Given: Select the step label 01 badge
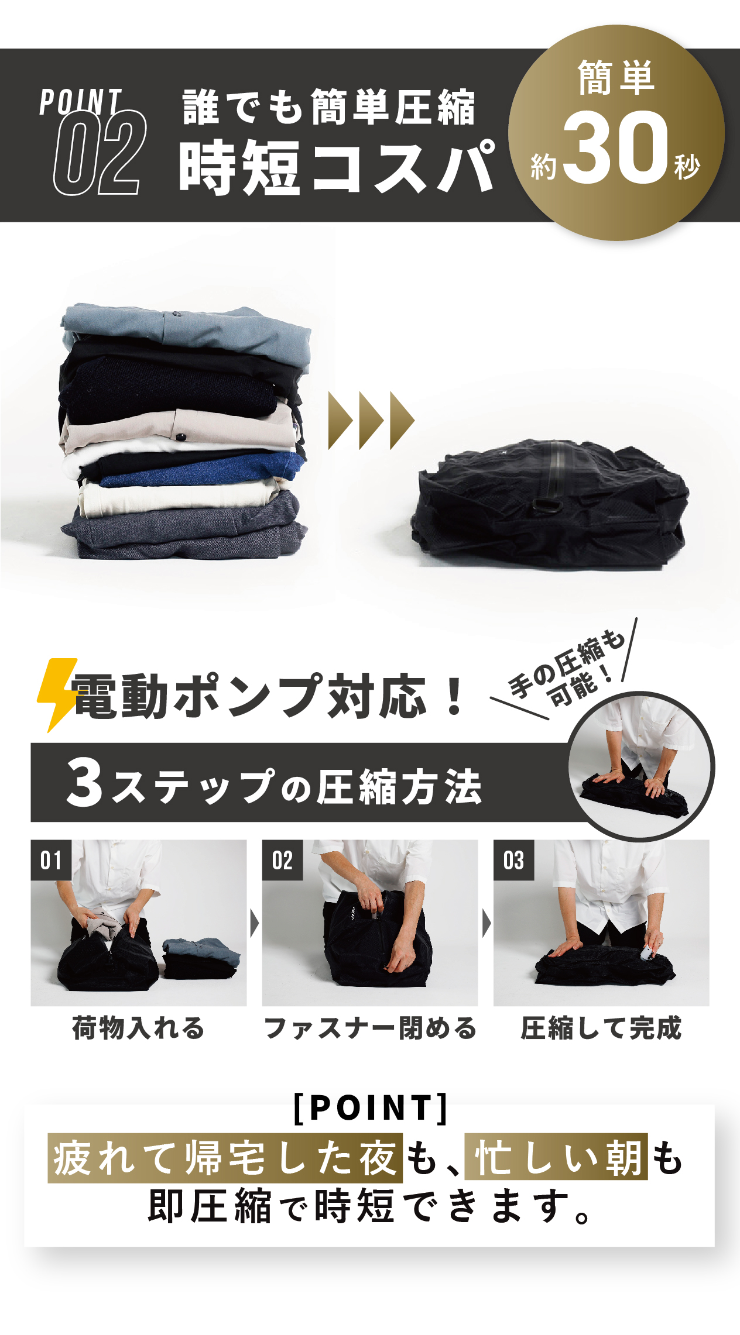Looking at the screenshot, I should pyautogui.click(x=51, y=860).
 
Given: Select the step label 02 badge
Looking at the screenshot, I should pyautogui.click(x=282, y=860).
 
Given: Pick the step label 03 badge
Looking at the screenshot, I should pyautogui.click(x=513, y=860).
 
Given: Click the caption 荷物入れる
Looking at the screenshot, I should pyautogui.click(x=138, y=1028).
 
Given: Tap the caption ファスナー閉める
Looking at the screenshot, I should pyautogui.click(x=370, y=1028).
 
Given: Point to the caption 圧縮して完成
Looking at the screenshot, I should pyautogui.click(x=601, y=1028).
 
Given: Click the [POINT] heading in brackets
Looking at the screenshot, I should pyautogui.click(x=370, y=1108).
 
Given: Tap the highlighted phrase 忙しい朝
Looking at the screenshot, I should pyautogui.click(x=556, y=1157).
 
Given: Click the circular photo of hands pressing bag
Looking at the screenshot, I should pyautogui.click(x=641, y=767).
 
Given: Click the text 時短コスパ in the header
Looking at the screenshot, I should pyautogui.click(x=337, y=168).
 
